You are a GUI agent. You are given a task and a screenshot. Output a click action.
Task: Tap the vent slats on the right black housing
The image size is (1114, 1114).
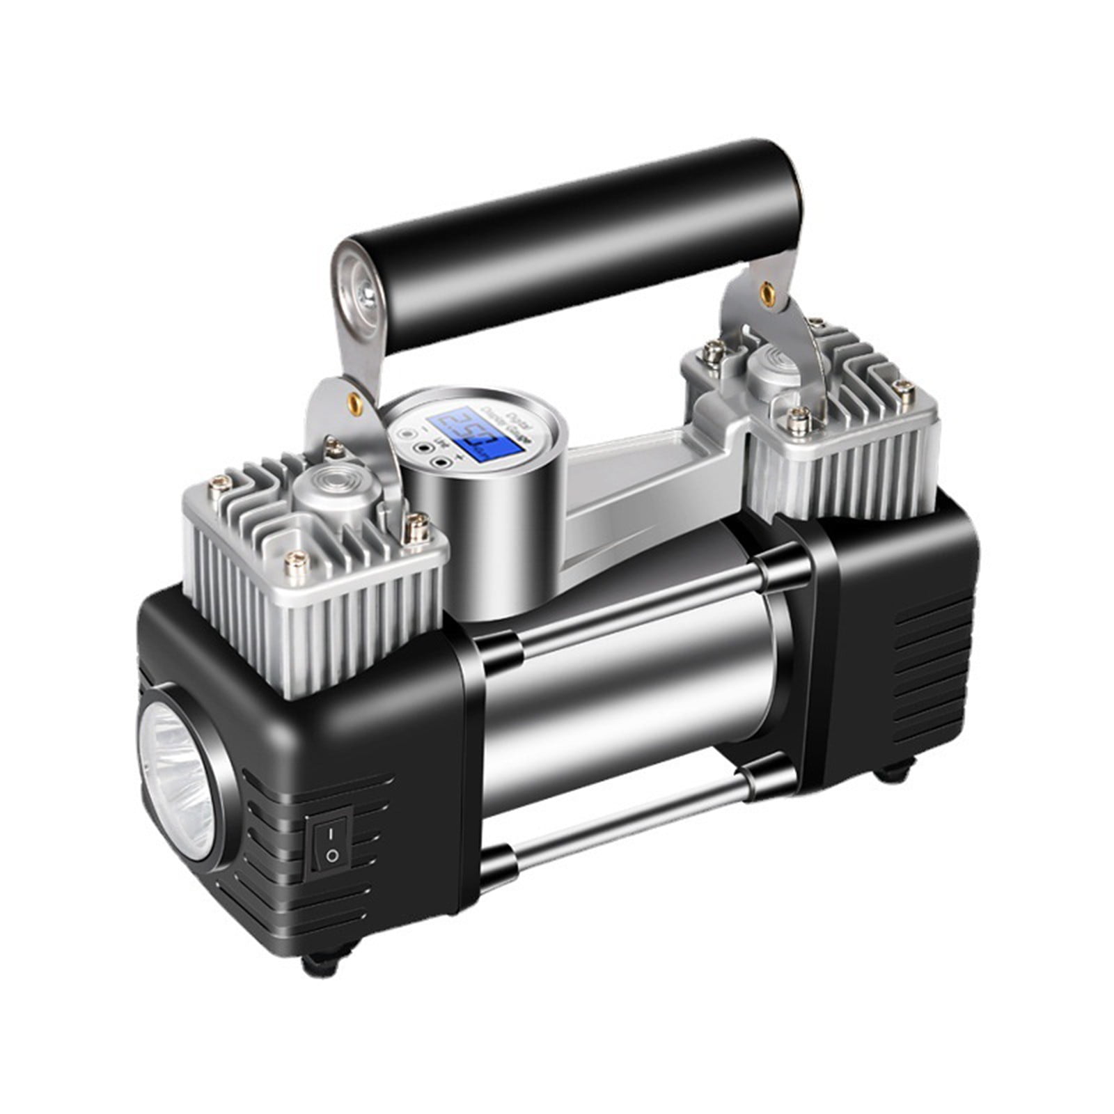(929, 668)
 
